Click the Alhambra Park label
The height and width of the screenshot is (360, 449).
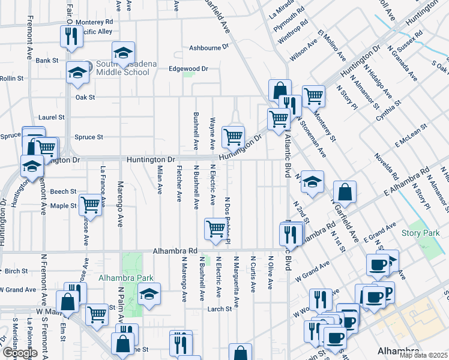pos(126,278)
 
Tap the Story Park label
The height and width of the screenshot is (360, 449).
pos(417,233)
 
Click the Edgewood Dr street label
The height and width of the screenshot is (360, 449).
pos(187,68)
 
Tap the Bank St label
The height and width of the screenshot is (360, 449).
pos(46,61)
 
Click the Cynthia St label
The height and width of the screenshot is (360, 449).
pos(388,110)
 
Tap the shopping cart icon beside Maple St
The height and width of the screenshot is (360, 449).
pos(90,204)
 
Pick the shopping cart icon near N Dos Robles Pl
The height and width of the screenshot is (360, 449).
pos(215,228)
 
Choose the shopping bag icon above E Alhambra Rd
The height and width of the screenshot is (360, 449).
pos(345,192)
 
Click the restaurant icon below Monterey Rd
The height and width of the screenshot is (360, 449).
pos(71,36)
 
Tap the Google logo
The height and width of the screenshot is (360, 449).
pos(19,353)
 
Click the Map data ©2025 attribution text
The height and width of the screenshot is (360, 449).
pos(424,355)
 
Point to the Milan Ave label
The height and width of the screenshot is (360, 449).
pos(160,180)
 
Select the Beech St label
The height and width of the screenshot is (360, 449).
pos(63,191)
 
